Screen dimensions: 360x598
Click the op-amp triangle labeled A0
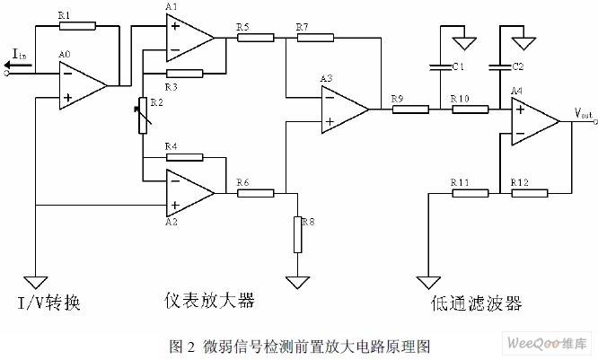pos(82,86)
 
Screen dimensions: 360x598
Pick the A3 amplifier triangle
pos(345,110)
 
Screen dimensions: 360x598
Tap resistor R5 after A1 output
pos(256,38)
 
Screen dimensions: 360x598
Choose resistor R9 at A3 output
pos(410,110)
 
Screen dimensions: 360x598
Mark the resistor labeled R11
pos(470,192)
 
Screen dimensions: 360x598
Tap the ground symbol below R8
pos(297,282)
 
